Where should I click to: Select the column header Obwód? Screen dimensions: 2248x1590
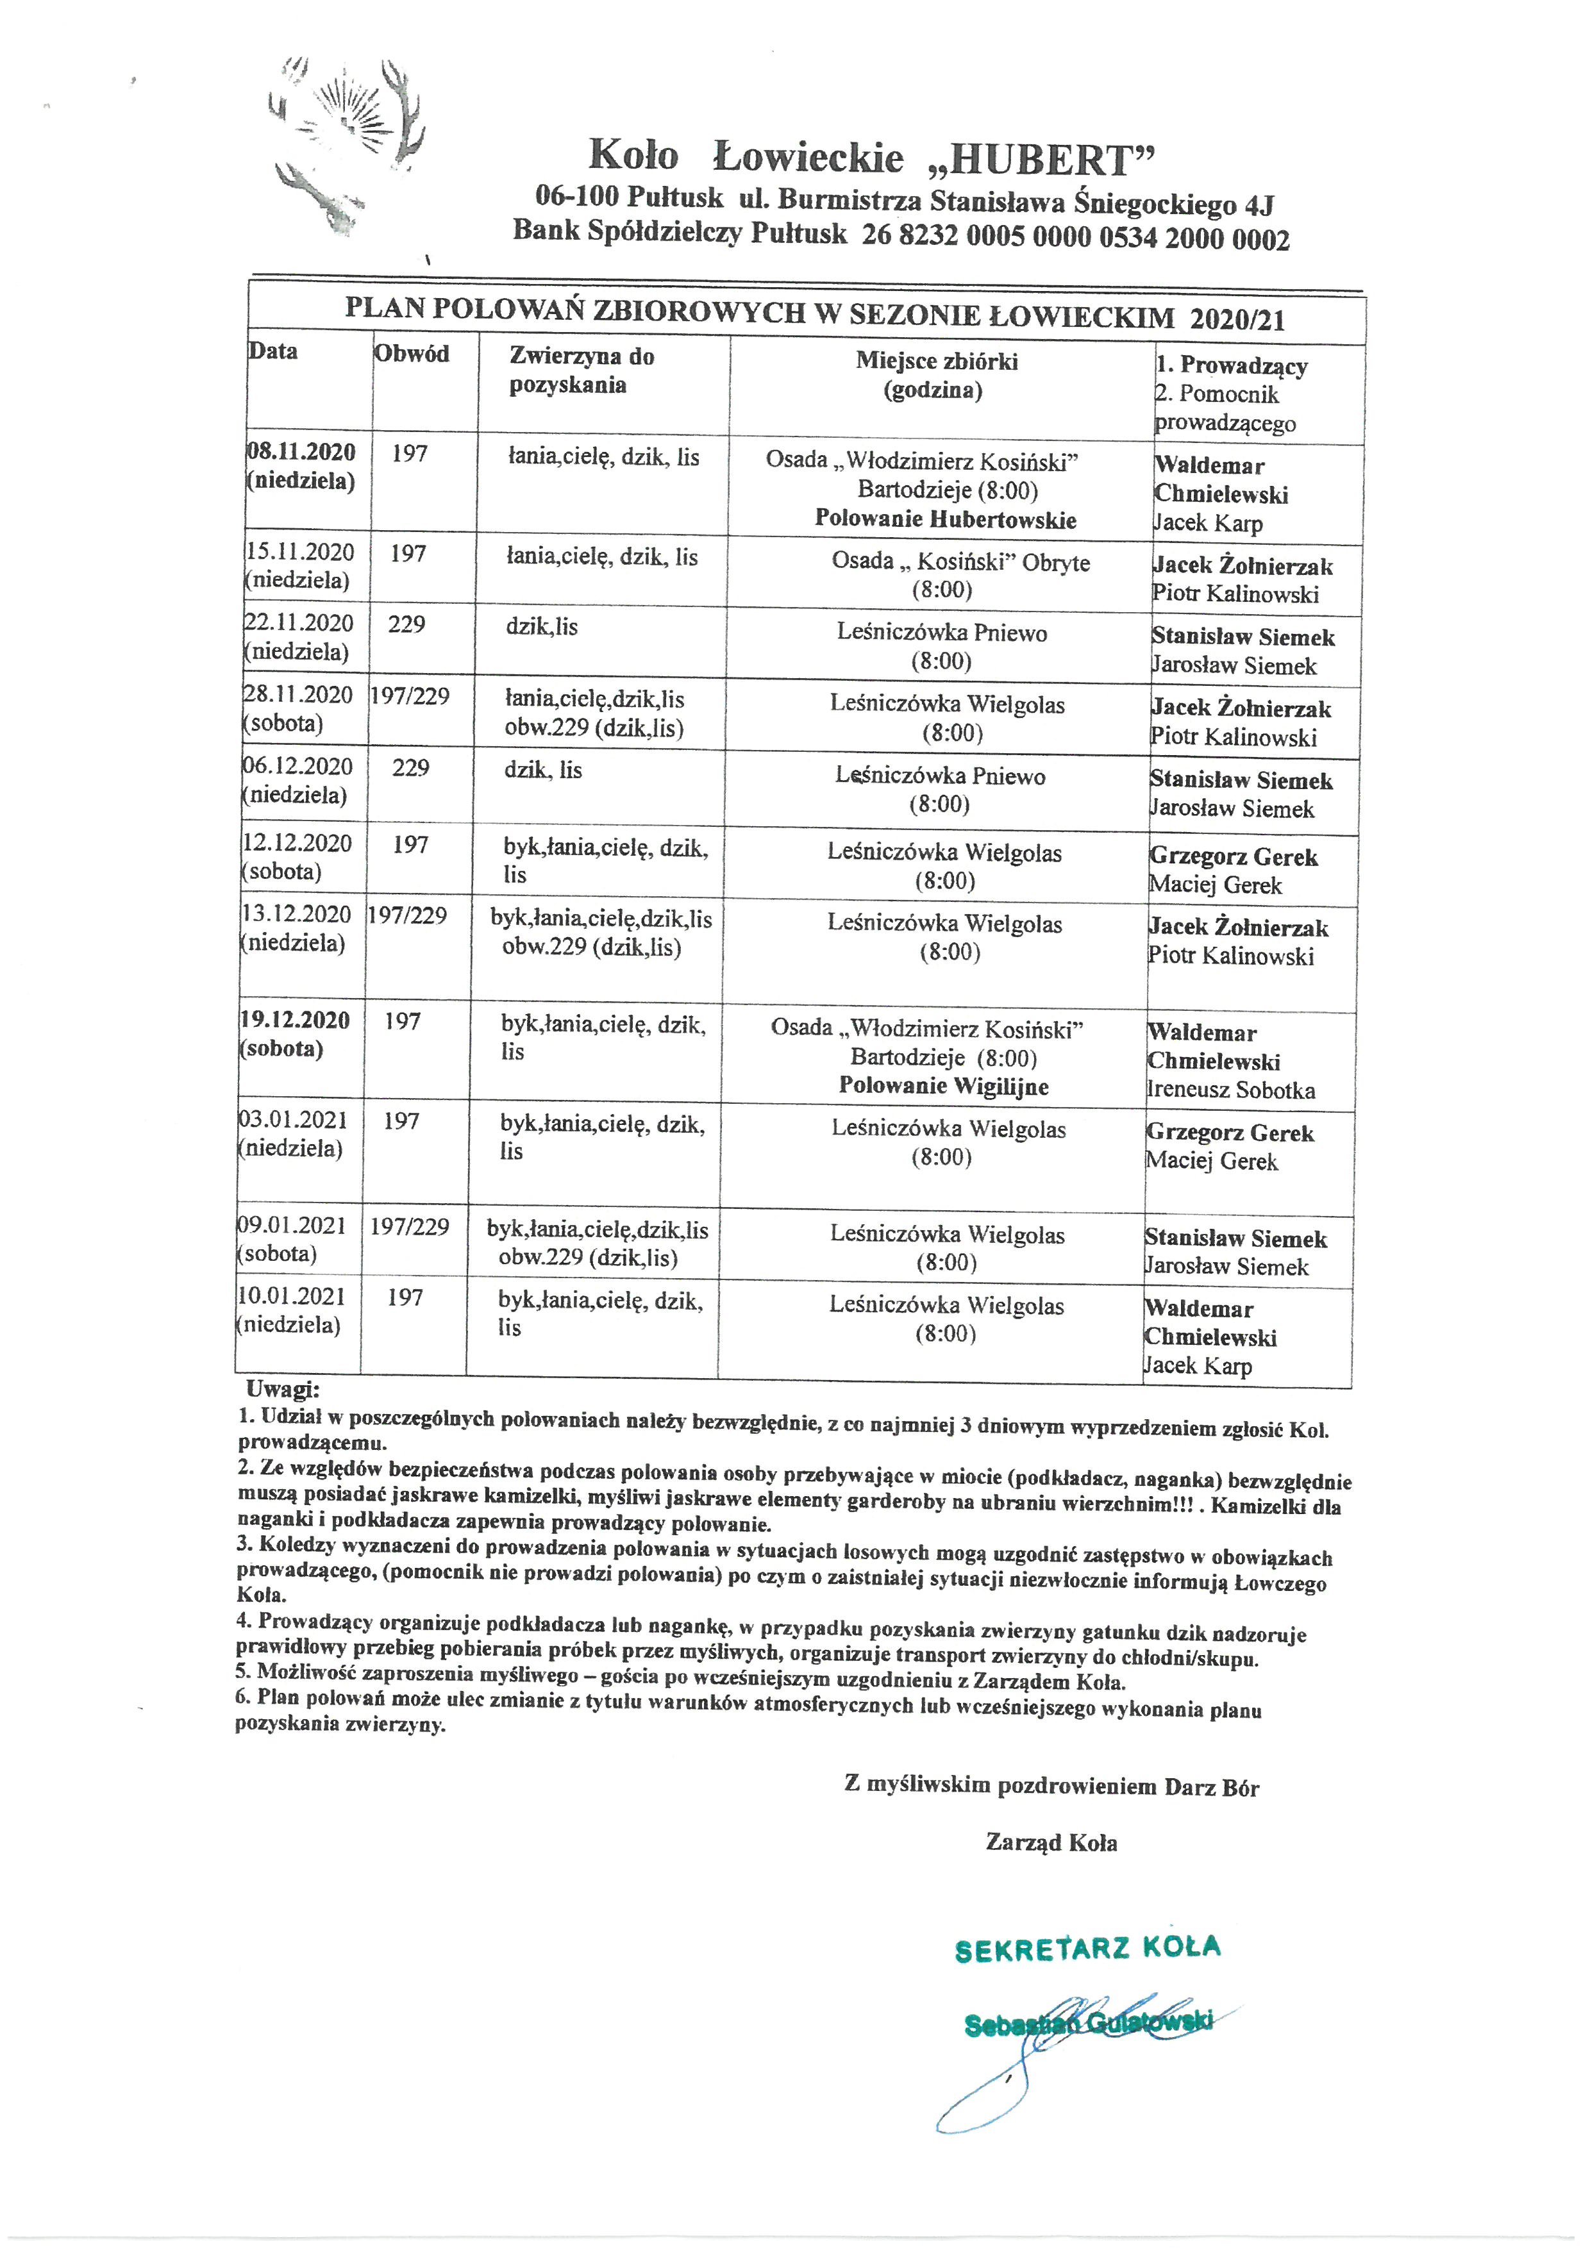411,353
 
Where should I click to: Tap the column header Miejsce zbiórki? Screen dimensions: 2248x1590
936,362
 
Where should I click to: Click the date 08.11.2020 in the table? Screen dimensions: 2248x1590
301,453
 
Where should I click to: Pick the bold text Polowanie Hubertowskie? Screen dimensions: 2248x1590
946,519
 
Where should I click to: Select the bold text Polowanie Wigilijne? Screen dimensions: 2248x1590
944,1086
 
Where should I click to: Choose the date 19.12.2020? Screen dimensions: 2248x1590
295,1020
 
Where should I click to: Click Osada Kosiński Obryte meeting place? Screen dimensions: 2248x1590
960,562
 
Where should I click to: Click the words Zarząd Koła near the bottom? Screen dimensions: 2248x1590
1051,1843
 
